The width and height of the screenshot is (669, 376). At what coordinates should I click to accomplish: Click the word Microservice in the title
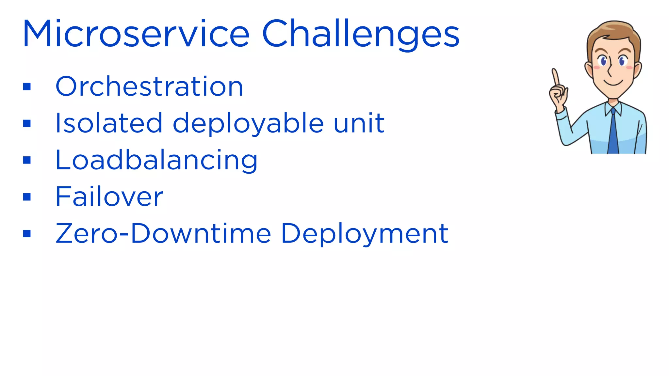pyautogui.click(x=136, y=34)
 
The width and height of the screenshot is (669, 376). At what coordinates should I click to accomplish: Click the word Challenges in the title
pyautogui.click(x=361, y=34)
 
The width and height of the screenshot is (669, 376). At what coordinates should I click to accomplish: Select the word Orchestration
pyautogui.click(x=149, y=86)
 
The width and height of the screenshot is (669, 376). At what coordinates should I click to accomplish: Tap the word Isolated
pyautogui.click(x=109, y=123)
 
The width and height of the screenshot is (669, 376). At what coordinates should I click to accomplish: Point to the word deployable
pyautogui.click(x=248, y=123)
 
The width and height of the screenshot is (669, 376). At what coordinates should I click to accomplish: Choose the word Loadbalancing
pyautogui.click(x=156, y=160)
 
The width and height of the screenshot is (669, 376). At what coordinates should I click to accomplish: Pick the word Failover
pyautogui.click(x=109, y=196)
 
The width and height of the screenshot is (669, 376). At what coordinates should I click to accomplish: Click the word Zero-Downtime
pyautogui.click(x=163, y=233)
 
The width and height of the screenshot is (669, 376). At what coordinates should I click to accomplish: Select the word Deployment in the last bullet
pyautogui.click(x=365, y=233)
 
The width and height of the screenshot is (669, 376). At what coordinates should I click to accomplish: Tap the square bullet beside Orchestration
pyautogui.click(x=27, y=86)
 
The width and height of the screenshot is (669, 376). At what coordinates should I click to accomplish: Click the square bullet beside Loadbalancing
pyautogui.click(x=27, y=160)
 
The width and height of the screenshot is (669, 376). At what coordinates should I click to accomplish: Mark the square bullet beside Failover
pyautogui.click(x=27, y=197)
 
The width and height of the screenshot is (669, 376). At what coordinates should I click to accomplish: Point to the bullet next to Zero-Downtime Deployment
pyautogui.click(x=27, y=234)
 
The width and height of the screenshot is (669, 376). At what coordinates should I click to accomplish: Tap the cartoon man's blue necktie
pyautogui.click(x=613, y=134)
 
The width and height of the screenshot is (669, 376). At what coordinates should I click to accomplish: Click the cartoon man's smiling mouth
pyautogui.click(x=613, y=82)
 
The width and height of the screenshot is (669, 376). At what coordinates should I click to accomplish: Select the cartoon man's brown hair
pyautogui.click(x=614, y=31)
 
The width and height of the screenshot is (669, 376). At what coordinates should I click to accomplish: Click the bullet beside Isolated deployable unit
pyautogui.click(x=27, y=123)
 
